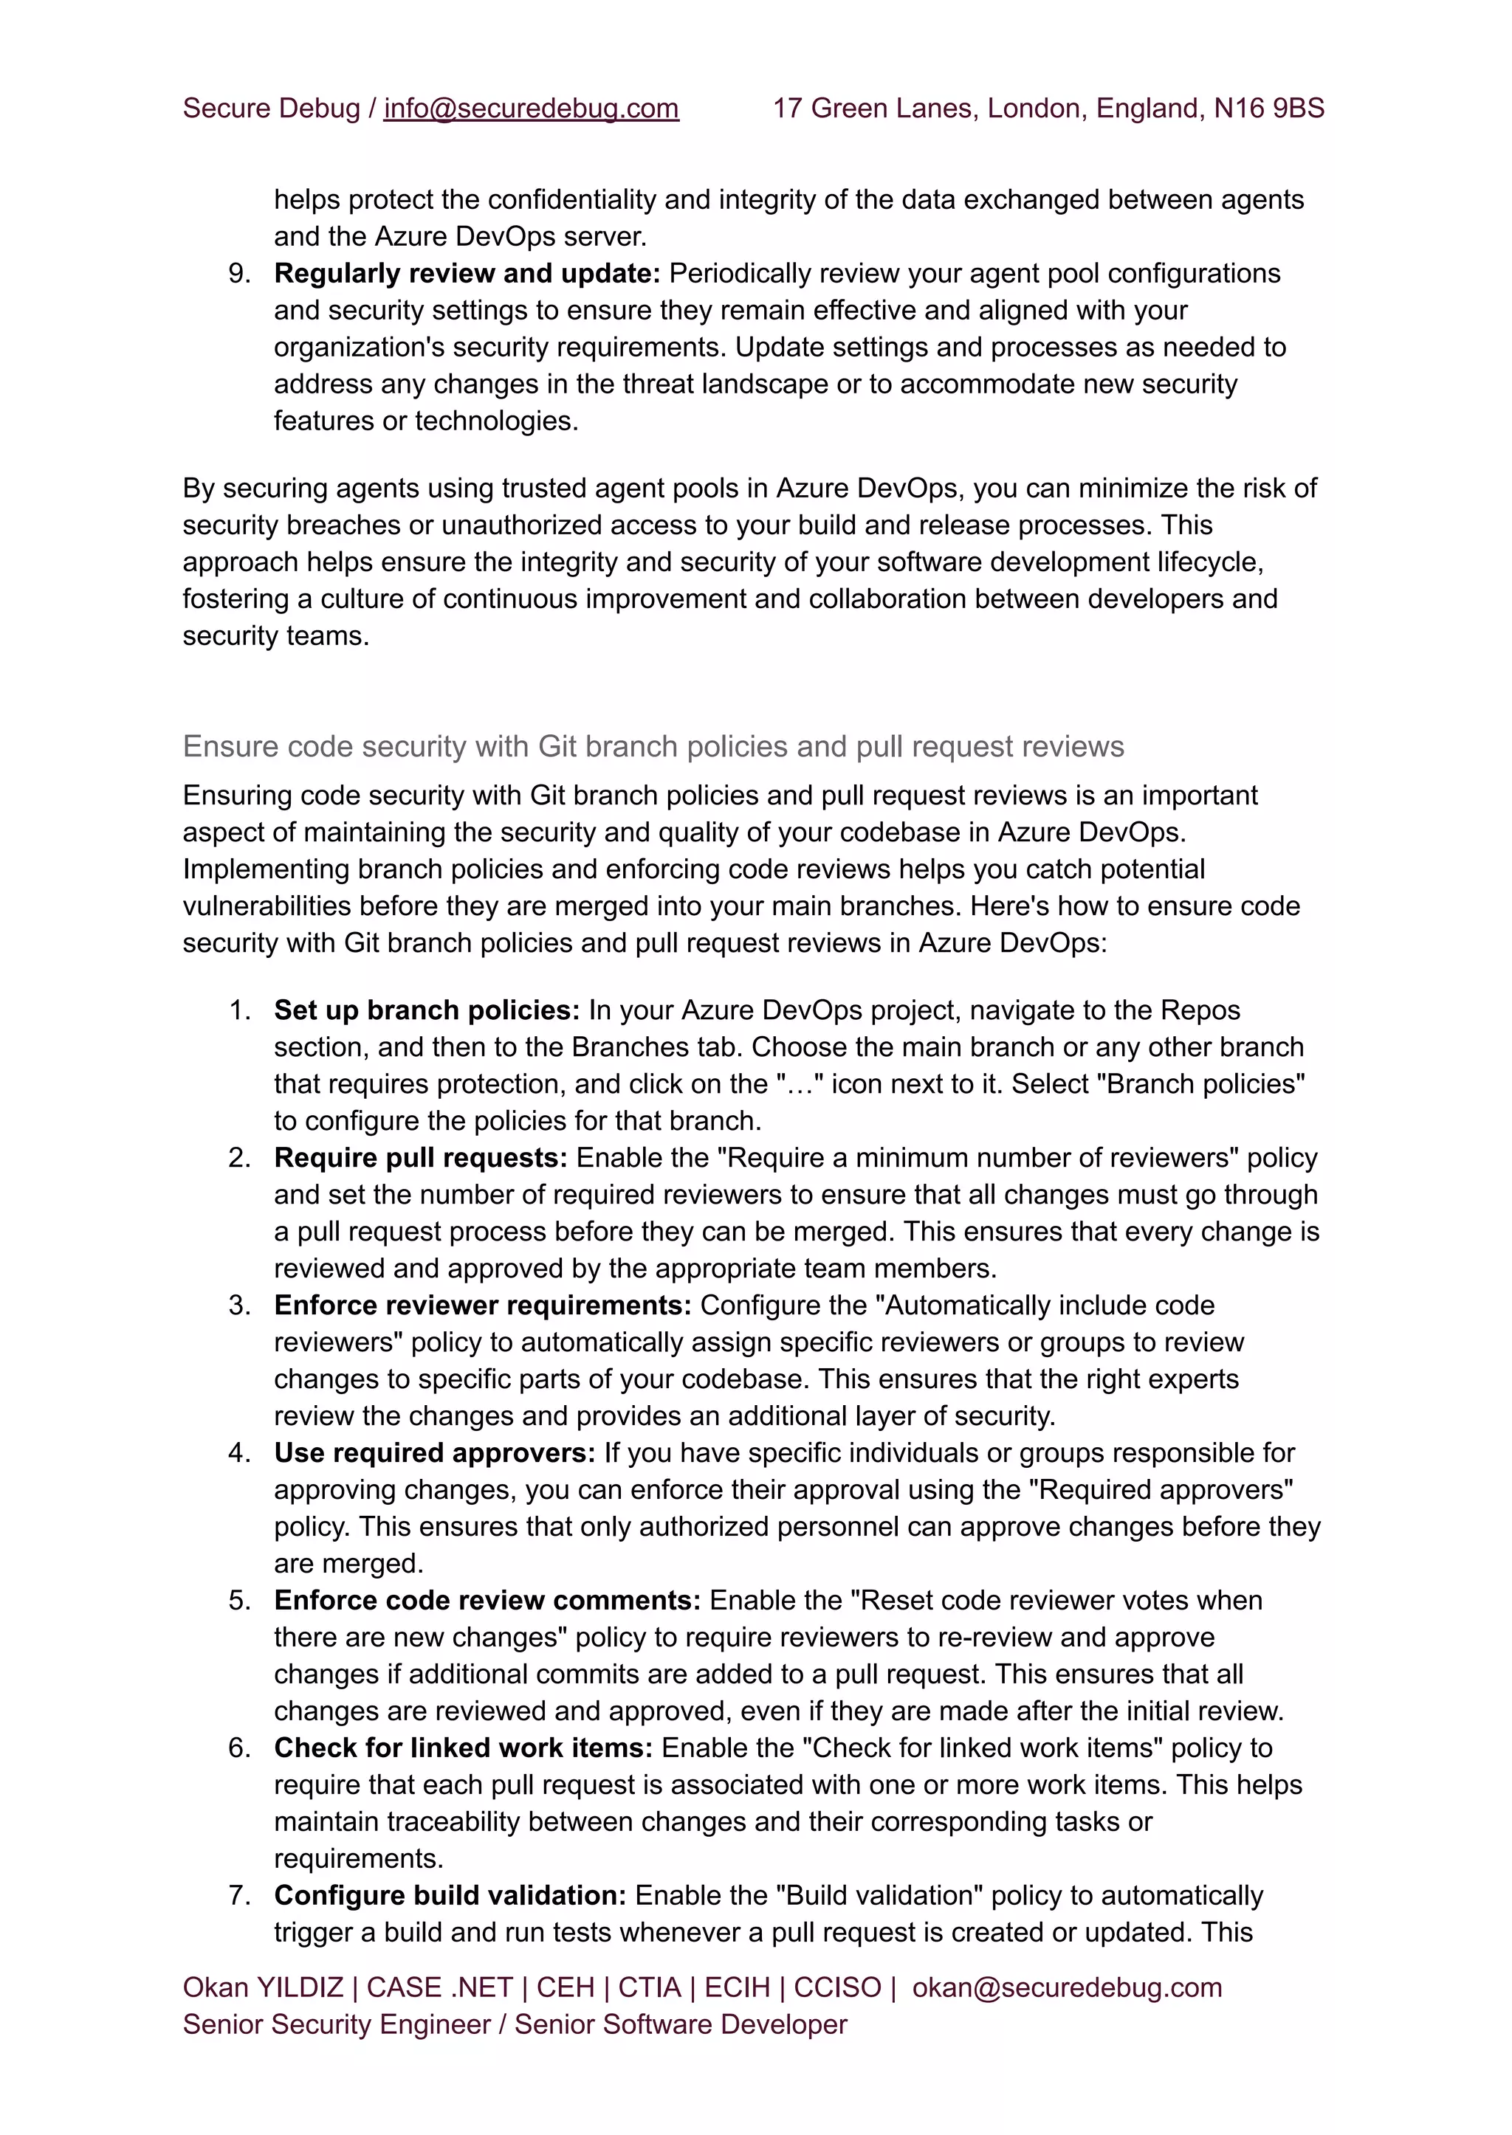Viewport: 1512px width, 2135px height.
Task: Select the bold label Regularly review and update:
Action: [x=467, y=273]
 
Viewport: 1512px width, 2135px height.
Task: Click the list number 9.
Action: [x=239, y=273]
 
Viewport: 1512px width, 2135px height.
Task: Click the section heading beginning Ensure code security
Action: [x=653, y=745]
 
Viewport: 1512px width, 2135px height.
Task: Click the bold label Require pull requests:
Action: [x=420, y=1157]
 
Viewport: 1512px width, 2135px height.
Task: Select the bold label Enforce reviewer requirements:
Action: [x=482, y=1305]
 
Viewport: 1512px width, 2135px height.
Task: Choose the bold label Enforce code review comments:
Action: [x=487, y=1600]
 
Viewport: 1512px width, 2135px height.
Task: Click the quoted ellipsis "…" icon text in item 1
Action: [x=800, y=1083]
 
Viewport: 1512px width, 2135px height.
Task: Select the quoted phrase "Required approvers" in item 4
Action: [x=1160, y=1489]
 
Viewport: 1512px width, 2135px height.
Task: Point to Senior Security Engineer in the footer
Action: [x=336, y=2024]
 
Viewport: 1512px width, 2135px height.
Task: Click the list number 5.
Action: [x=239, y=1600]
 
